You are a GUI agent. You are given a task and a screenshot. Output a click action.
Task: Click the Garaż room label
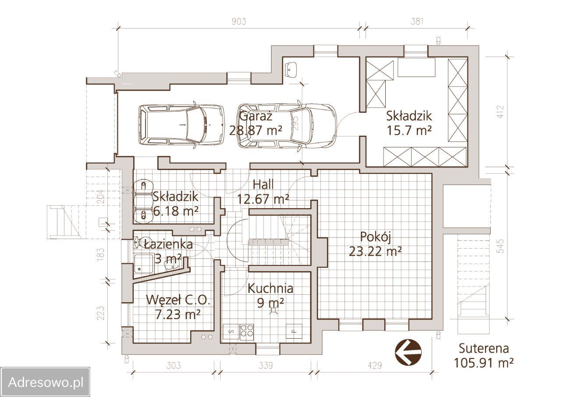click(x=256, y=116)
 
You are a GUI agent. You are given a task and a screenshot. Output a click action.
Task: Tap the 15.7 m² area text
click(x=409, y=131)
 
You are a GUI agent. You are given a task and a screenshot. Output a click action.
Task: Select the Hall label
click(x=263, y=185)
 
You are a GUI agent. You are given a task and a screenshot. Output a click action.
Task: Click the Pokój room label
click(x=376, y=237)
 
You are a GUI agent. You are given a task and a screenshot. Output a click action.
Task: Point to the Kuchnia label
click(x=270, y=288)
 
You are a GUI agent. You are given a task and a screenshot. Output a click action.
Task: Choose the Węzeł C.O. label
click(x=178, y=300)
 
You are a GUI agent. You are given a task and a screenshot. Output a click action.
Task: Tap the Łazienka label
click(x=169, y=244)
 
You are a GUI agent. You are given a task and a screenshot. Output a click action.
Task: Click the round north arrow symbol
click(x=408, y=352)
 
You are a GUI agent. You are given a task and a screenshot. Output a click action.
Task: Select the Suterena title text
click(x=483, y=348)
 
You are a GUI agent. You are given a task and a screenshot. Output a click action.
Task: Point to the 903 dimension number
click(x=239, y=21)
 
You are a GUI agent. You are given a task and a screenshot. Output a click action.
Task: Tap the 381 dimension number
click(x=417, y=21)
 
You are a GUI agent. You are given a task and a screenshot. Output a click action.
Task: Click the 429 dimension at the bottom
click(x=375, y=365)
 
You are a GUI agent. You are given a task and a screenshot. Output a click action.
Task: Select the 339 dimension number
click(x=266, y=365)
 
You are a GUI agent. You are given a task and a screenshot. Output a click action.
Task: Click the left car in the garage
click(x=181, y=125)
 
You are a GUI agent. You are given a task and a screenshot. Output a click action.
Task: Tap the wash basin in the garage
click(x=291, y=69)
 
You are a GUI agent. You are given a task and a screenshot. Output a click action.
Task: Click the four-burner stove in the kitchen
click(x=247, y=332)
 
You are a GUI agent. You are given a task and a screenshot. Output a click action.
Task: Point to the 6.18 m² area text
click(x=175, y=211)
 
